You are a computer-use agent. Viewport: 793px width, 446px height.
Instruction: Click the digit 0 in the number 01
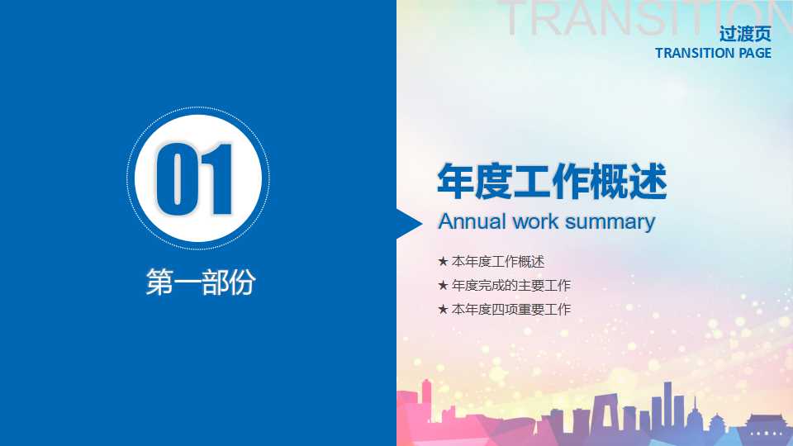[176, 180]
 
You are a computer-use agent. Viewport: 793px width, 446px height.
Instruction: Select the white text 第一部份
[200, 282]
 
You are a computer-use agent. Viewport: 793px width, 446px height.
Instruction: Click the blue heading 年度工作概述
[551, 182]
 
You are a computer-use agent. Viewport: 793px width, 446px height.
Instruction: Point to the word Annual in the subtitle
[472, 221]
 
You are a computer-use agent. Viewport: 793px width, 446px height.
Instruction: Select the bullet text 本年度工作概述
[498, 262]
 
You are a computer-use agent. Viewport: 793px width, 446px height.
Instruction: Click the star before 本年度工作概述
[443, 262]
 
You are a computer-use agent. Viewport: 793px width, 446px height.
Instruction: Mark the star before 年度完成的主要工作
[443, 286]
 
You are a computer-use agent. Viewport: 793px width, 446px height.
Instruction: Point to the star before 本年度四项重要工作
[443, 310]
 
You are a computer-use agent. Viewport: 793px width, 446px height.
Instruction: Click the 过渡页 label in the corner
[745, 35]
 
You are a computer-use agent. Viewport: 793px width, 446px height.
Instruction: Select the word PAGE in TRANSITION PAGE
[754, 53]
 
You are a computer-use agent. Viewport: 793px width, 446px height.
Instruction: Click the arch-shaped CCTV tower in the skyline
[581, 420]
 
